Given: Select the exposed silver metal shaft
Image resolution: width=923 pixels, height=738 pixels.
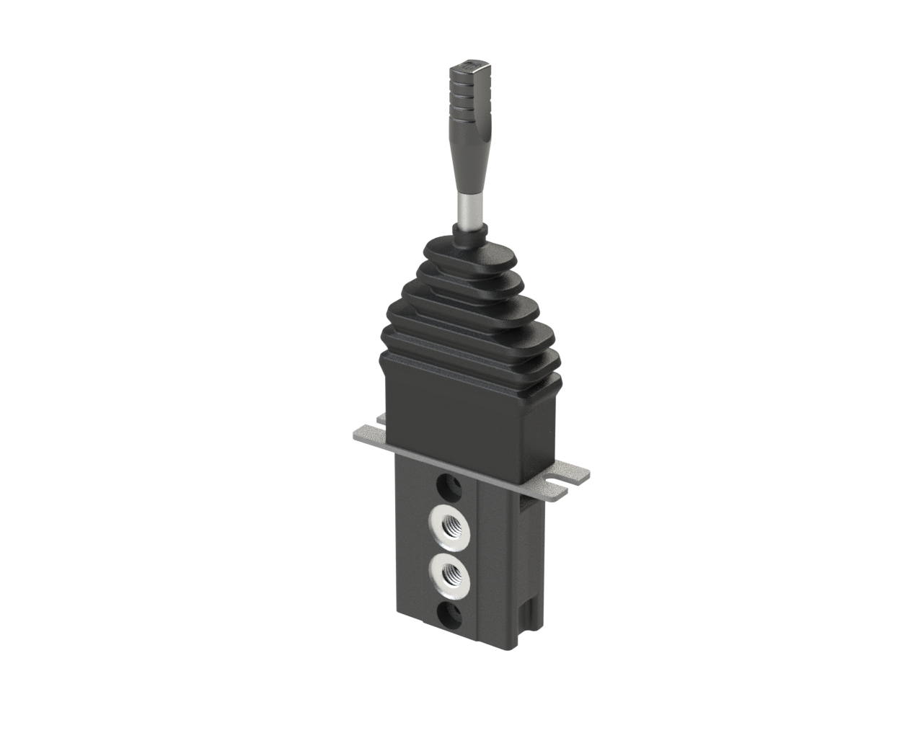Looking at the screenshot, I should tap(469, 208).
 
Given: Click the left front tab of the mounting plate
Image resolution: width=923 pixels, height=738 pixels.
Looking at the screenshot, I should tap(368, 437).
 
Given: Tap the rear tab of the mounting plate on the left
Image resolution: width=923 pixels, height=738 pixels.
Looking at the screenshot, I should tap(379, 417).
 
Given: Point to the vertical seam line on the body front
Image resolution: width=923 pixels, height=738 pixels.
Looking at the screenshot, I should tap(479, 562).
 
